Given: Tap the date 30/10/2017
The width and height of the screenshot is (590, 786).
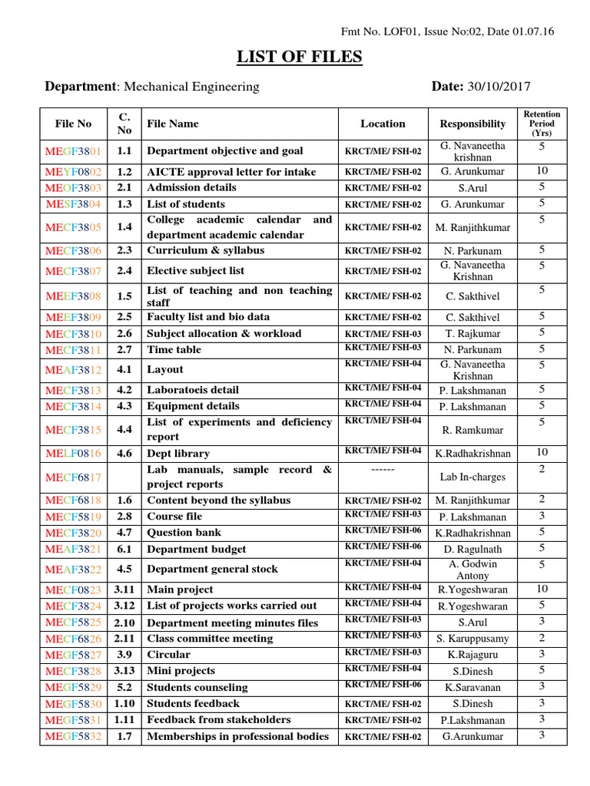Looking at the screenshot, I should (x=499, y=88).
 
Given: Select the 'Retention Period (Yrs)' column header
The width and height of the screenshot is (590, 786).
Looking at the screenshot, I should (x=542, y=123).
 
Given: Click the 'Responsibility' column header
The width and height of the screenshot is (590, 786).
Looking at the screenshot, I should (x=472, y=124).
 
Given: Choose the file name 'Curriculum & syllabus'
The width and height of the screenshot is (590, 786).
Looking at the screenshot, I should (x=205, y=250).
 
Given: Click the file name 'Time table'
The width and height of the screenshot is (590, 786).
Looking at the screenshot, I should (x=174, y=349).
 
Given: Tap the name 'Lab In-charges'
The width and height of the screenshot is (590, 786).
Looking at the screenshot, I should (x=472, y=477).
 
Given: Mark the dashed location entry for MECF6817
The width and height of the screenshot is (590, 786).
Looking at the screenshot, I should (x=382, y=467).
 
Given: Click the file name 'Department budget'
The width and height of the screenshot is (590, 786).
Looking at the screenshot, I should (x=197, y=549).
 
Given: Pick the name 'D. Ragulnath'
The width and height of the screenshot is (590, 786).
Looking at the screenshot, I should (x=472, y=549).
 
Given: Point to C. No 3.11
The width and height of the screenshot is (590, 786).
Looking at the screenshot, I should (x=125, y=589).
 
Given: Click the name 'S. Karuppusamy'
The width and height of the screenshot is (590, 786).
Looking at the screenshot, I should (x=472, y=639).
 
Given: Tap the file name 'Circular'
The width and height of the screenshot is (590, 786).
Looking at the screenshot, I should (x=168, y=655).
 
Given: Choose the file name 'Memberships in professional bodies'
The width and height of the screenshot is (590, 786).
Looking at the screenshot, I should (x=237, y=737).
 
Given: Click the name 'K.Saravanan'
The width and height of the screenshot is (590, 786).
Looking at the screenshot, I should (x=472, y=687).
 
